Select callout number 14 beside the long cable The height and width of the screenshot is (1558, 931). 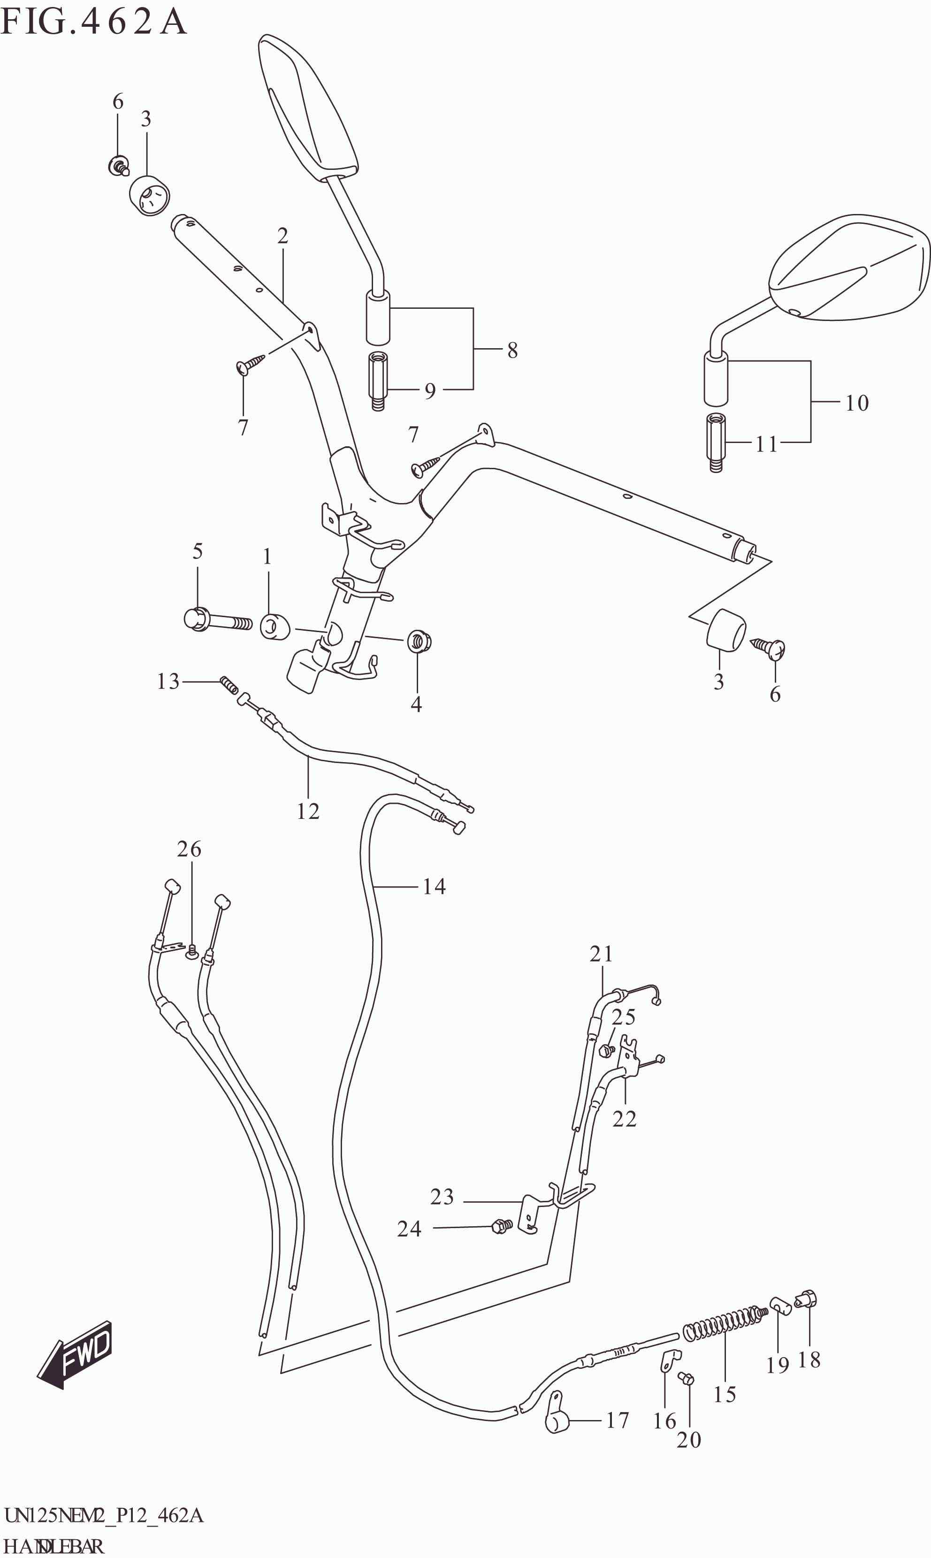pos(434,887)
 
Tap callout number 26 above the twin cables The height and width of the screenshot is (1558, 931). pos(189,849)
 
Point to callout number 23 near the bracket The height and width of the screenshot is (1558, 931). pos(442,1197)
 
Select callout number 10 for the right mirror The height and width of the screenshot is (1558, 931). pos(857,403)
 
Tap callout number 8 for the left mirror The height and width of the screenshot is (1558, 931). pos(512,350)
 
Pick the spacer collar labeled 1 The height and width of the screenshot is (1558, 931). pos(275,627)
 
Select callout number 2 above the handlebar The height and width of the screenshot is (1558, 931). pos(282,236)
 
